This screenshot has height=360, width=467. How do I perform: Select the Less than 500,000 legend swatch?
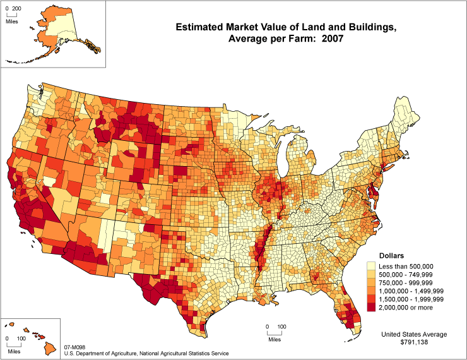(x=372, y=267)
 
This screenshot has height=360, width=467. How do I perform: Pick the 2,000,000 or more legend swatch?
(x=372, y=308)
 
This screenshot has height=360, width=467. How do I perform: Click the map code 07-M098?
(x=75, y=347)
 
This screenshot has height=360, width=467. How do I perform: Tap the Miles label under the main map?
(x=274, y=340)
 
